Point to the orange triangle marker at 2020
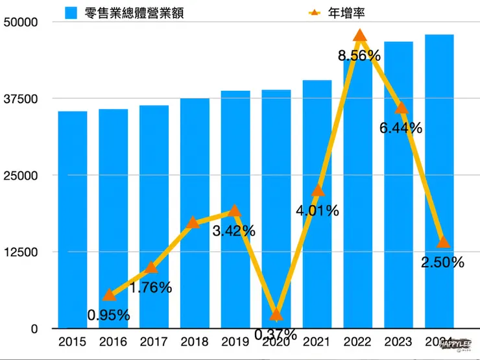276,315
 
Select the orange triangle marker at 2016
110,295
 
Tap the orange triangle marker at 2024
444,242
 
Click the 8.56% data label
359,56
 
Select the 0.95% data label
108,316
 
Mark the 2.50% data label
442,263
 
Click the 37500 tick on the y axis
23,99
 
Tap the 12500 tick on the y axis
23,252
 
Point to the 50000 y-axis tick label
23,22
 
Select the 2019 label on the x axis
235,342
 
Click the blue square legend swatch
72,12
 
